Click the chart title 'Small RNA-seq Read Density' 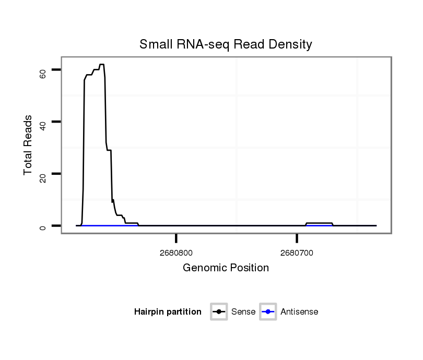pos(226,44)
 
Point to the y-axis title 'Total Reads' pos(29,145)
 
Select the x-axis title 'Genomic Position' pos(226,268)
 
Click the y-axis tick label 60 pos(43,74)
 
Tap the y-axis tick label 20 pos(43,177)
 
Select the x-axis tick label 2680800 pos(177,253)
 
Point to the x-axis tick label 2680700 pos(297,253)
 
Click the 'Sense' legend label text pos(243,312)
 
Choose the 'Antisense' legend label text pos(299,312)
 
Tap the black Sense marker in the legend pos(219,312)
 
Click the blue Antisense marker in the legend pos(268,312)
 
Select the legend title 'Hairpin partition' pos(168,312)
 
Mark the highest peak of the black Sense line pos(102,64)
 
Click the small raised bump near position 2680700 pos(319,223)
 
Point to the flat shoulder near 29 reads pos(109,150)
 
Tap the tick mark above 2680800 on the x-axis pos(177,238)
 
